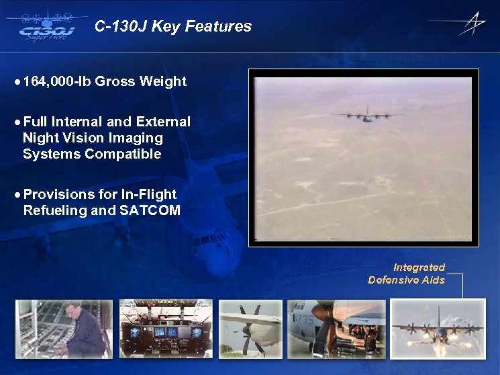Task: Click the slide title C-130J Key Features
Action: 173,27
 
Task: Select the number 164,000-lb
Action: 57,82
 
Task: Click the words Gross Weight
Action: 141,82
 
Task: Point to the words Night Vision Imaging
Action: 93,138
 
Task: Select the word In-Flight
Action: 148,194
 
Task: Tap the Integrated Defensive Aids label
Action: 407,274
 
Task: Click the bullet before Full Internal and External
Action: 17,122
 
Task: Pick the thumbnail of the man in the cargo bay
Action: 64,329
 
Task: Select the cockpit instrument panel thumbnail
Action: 166,329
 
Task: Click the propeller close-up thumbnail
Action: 250,329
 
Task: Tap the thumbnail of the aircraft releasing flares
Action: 438,329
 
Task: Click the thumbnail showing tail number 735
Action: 336,329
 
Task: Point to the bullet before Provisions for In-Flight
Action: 17,195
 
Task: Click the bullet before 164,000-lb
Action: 17,82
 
